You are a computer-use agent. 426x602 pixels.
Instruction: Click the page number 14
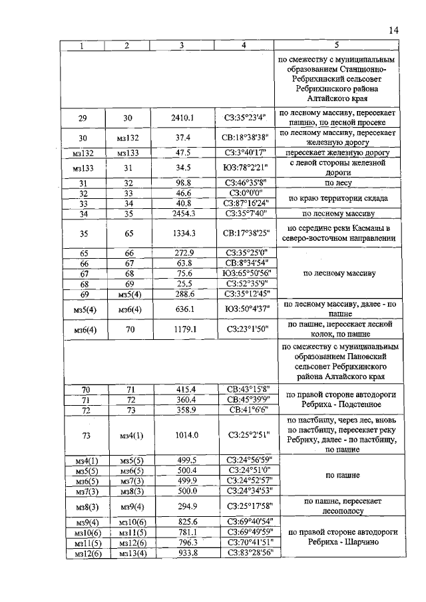click(x=393, y=30)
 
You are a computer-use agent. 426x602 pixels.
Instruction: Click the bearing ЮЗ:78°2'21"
click(x=246, y=168)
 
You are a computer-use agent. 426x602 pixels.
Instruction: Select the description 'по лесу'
click(x=337, y=182)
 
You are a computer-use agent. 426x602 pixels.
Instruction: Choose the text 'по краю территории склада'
click(x=337, y=198)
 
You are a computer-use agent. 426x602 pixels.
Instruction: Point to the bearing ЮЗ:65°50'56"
click(x=246, y=273)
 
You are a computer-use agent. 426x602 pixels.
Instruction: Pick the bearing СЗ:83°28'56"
click(x=246, y=553)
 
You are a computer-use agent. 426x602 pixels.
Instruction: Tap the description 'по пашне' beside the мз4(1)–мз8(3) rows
click(x=337, y=476)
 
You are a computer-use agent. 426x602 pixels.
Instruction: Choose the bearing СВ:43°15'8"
click(x=246, y=389)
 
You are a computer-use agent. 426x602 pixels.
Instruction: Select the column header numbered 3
click(x=181, y=45)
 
